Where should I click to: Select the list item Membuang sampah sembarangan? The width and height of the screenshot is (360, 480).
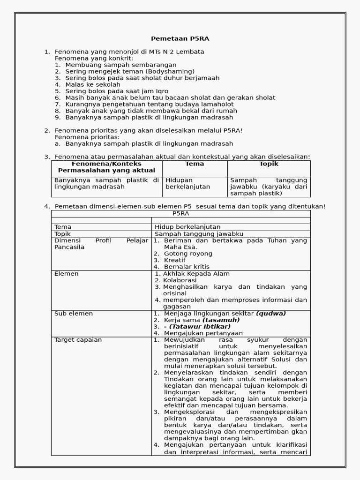(x=121, y=65)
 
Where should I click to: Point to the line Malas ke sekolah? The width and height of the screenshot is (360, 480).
(x=93, y=84)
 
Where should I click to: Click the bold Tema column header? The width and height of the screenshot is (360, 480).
(x=195, y=164)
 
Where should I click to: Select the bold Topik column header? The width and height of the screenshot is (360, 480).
(x=269, y=164)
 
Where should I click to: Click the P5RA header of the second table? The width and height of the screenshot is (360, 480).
(x=180, y=213)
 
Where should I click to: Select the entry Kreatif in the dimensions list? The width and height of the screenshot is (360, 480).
(x=175, y=260)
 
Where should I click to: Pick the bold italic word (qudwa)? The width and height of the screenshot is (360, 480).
(x=271, y=314)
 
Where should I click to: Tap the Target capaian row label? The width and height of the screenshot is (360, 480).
(x=78, y=340)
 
